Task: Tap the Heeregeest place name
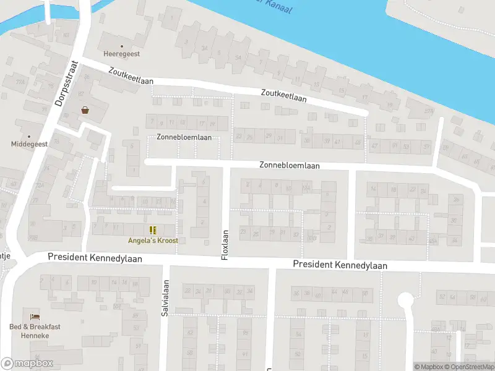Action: [121, 54]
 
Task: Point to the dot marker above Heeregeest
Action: [121, 46]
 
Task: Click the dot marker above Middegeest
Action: [28, 135]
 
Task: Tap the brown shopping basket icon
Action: [85, 110]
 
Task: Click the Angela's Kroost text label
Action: [153, 240]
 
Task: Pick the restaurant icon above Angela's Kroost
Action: [153, 230]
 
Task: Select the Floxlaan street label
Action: [226, 245]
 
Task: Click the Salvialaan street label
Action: [166, 299]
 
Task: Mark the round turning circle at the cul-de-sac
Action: [405, 301]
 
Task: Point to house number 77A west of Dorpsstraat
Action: [22, 81]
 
